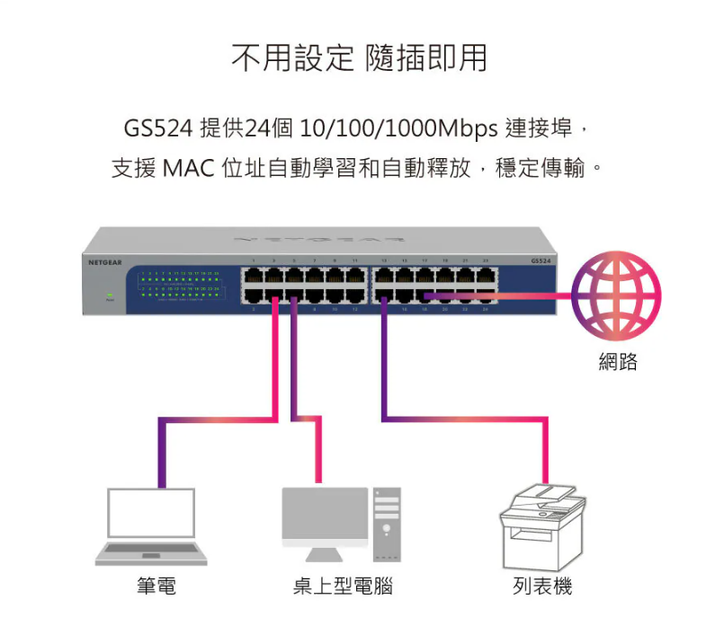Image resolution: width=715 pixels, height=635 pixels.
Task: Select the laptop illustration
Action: point(151,527)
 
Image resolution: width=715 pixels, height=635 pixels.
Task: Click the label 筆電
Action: point(157,586)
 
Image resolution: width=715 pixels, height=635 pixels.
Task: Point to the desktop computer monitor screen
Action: point(325,513)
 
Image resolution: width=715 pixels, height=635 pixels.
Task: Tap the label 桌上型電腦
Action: point(343,586)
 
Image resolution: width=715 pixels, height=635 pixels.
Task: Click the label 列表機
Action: point(542,586)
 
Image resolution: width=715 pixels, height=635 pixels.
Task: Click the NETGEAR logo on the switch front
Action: point(105,261)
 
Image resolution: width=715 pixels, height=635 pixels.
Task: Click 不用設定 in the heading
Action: point(292,58)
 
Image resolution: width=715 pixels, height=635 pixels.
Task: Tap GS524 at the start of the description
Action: point(158,128)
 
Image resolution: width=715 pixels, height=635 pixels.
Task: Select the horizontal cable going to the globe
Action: point(504,295)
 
